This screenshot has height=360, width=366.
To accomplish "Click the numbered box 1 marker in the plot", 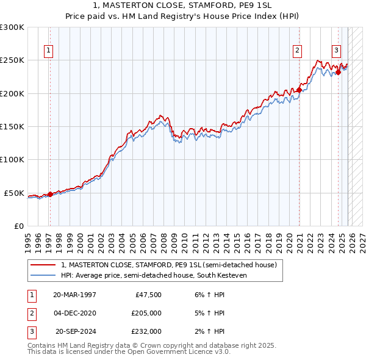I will pos(49,51).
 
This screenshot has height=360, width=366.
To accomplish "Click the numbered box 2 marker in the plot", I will pos(297,51).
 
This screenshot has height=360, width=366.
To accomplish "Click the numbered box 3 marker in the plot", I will pos(336,51).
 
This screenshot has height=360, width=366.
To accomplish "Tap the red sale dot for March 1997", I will pos(50,194).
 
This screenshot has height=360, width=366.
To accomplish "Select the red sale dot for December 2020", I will pos(300,90).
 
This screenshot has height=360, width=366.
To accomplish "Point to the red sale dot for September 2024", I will pos(339,72).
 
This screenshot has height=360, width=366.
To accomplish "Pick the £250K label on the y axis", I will pos(12,60).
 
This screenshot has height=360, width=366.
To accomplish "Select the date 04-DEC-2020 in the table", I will pos(74,313).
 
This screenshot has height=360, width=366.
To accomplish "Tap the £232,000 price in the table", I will pos(146,331).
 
